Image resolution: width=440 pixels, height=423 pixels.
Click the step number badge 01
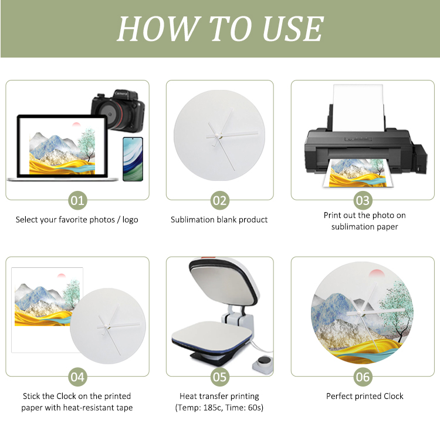point(77,200)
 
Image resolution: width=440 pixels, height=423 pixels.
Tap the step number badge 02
point(220,200)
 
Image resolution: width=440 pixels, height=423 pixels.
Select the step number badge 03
point(363,200)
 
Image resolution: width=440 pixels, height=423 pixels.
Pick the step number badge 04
point(77,377)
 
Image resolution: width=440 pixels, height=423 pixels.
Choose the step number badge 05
point(220,377)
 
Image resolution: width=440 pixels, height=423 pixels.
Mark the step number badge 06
point(363,377)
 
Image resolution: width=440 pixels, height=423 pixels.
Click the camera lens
point(110,114)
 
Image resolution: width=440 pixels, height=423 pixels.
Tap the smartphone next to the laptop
point(133,159)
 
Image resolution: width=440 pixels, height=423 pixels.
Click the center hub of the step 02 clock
point(217,136)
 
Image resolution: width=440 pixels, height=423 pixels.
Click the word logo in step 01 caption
point(130,220)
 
